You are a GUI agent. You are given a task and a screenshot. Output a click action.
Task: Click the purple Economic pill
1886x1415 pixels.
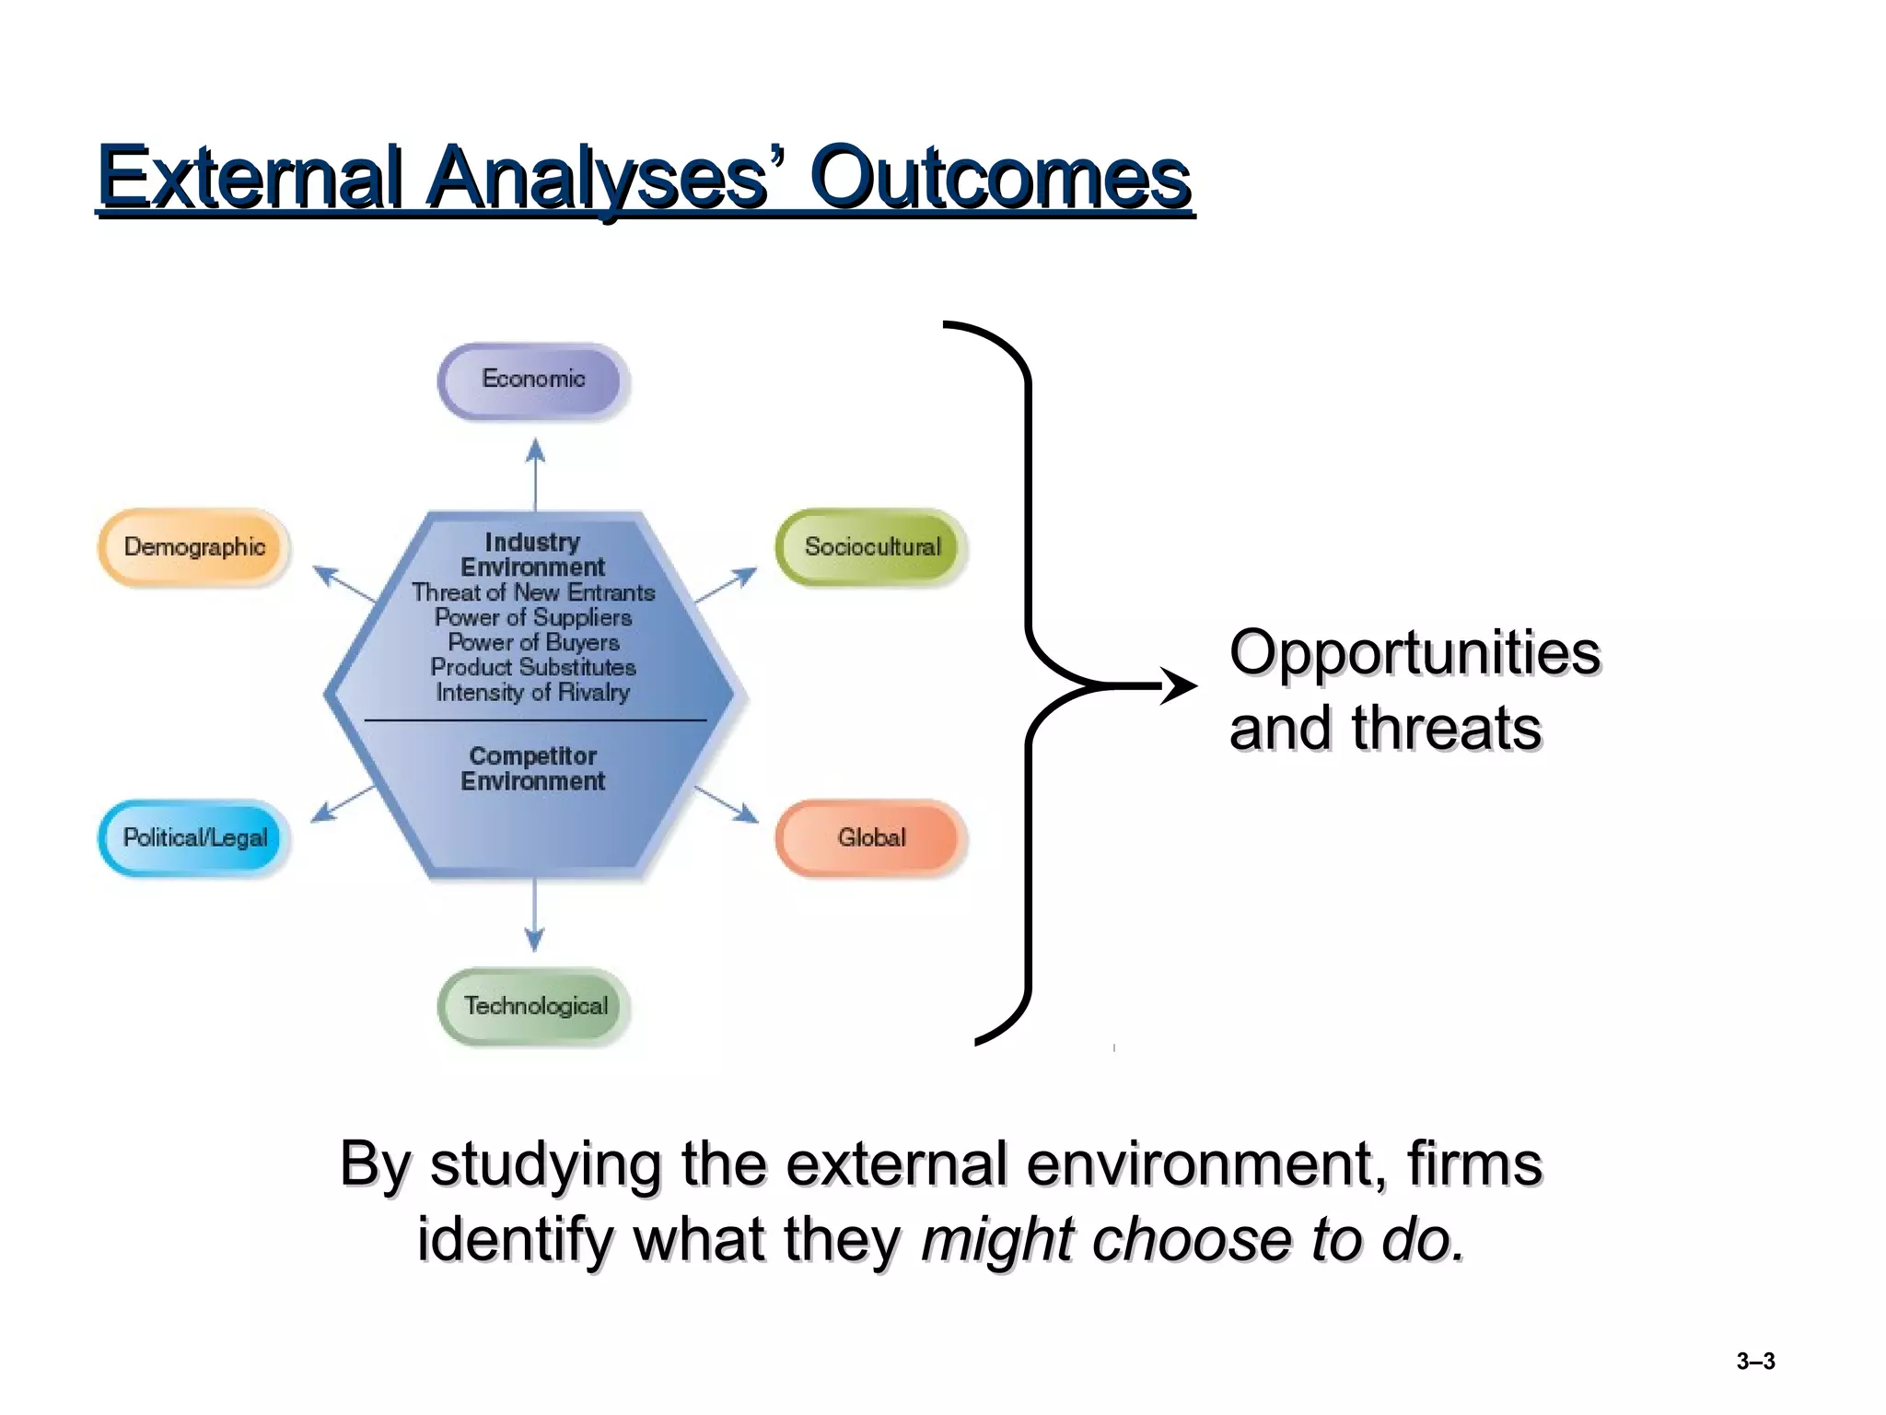[533, 380]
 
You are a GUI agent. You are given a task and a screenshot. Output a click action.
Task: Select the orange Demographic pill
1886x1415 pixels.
[194, 547]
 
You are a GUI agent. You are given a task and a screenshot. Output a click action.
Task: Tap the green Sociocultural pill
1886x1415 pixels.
[872, 547]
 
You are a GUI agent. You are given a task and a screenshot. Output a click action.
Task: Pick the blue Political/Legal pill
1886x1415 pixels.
[194, 837]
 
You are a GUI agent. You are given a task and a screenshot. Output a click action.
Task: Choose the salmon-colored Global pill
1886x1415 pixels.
[871, 837]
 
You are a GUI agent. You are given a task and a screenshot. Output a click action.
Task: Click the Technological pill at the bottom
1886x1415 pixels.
[534, 1006]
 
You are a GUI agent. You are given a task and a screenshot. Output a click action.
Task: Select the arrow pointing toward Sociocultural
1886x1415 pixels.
[727, 585]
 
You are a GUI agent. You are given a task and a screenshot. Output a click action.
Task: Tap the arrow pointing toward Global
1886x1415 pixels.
[728, 803]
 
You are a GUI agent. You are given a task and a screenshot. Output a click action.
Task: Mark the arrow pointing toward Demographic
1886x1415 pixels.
[343, 584]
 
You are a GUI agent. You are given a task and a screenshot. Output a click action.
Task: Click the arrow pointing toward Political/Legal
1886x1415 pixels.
[343, 803]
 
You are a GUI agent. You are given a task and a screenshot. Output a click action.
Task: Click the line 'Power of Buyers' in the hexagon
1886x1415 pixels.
[533, 642]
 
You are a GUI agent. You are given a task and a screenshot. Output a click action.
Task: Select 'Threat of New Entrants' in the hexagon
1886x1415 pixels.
[533, 592]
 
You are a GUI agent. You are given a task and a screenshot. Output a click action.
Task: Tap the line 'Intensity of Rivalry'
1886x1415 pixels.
[533, 692]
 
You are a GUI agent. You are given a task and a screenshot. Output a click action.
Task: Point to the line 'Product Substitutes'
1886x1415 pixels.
[533, 667]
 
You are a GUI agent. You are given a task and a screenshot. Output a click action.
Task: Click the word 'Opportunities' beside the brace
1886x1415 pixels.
[1414, 653]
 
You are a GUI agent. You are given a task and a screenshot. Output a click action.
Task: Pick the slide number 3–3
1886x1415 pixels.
[1755, 1361]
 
